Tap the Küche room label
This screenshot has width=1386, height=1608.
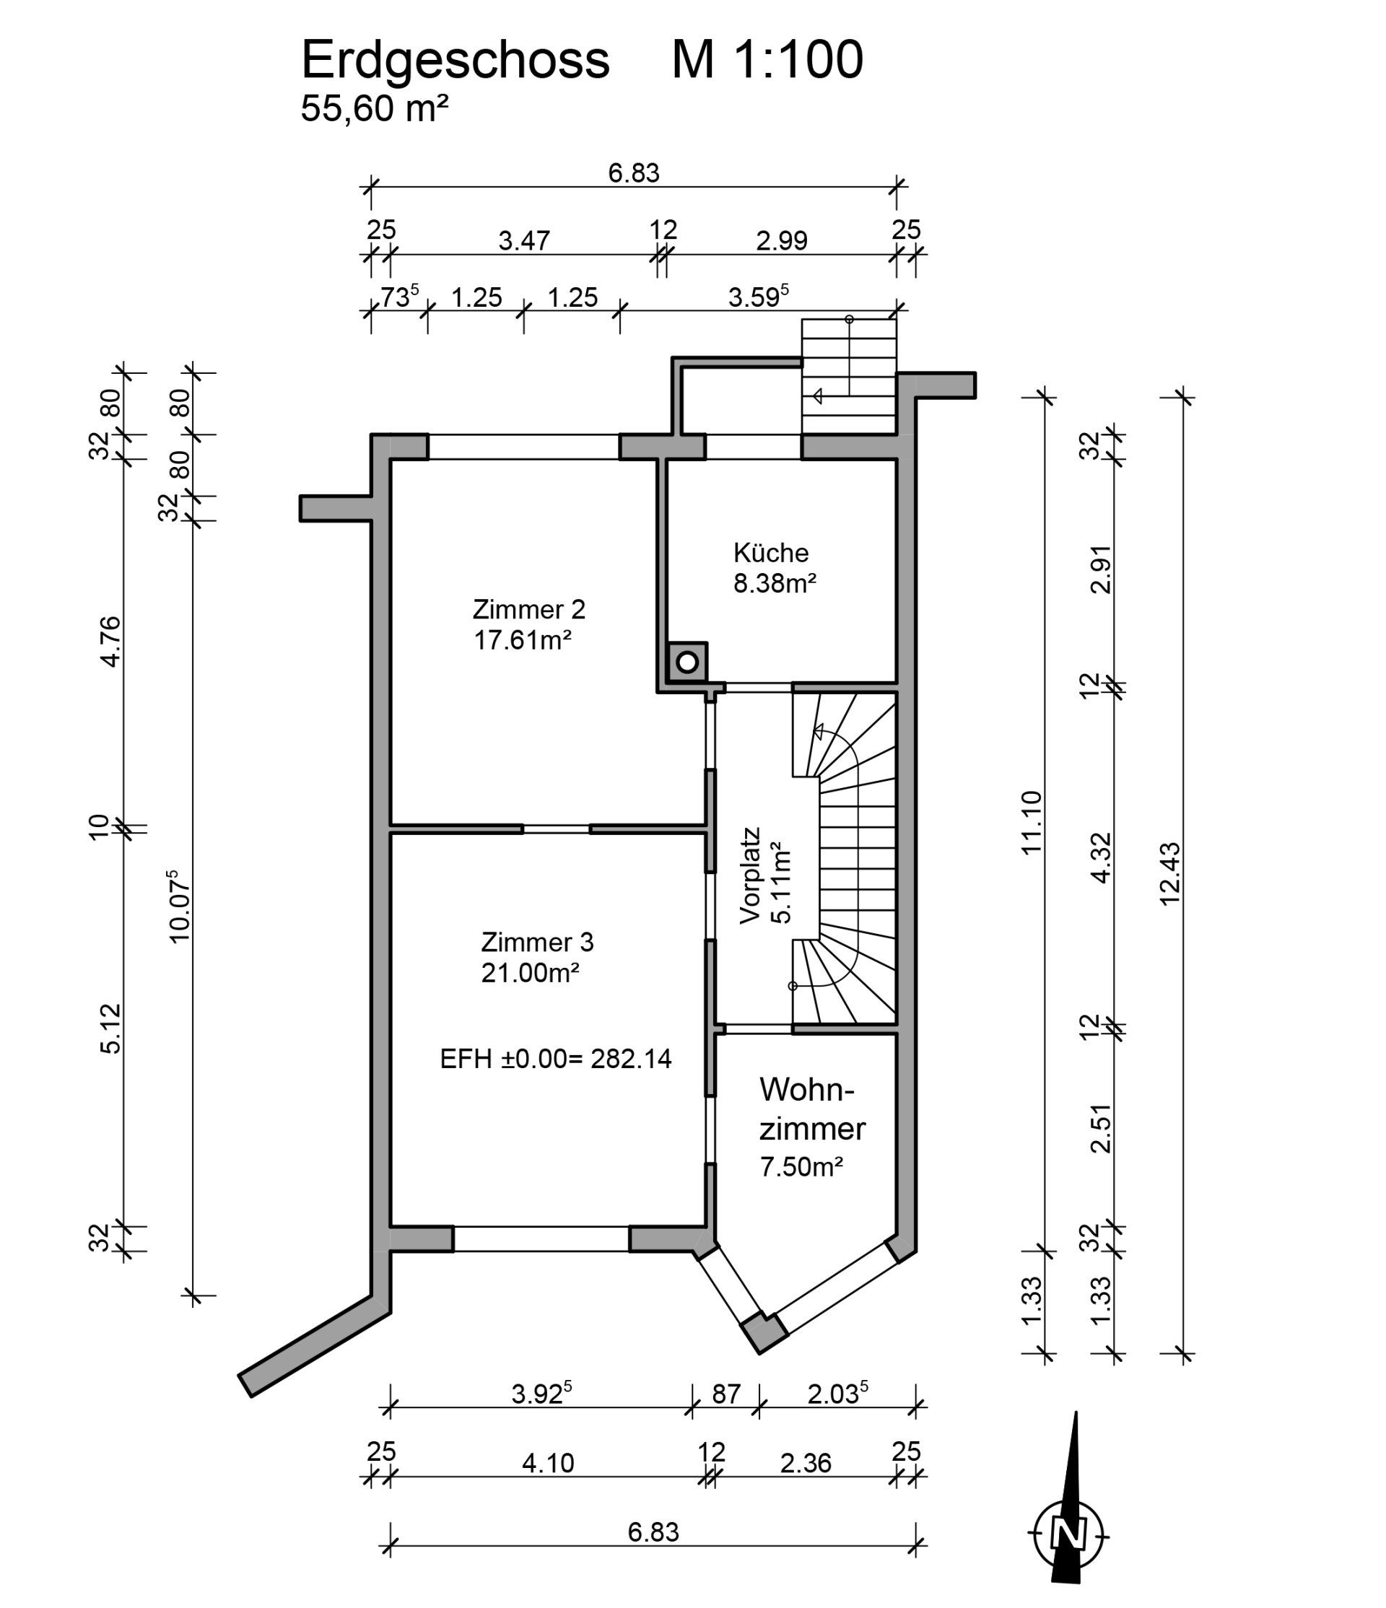(x=771, y=553)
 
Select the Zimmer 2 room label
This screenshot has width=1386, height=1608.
(x=528, y=609)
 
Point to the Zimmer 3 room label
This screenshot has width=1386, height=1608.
(x=537, y=942)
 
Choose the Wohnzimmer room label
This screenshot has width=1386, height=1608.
(x=811, y=1109)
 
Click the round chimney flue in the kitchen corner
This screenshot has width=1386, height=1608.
(x=687, y=663)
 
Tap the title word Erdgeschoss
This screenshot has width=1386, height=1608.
(x=456, y=60)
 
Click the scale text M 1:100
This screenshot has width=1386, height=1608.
(x=767, y=59)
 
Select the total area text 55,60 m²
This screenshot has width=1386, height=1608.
(x=375, y=109)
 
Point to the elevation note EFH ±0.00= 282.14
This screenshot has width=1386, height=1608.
(x=556, y=1059)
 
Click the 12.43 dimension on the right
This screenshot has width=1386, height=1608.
(x=1169, y=873)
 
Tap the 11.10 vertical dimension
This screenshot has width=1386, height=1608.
(x=1031, y=823)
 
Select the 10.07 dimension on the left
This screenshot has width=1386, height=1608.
(x=179, y=906)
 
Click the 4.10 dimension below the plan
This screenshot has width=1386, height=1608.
(x=548, y=1463)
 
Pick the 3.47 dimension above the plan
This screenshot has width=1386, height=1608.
(x=524, y=240)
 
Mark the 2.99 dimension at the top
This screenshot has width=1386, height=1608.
(x=783, y=240)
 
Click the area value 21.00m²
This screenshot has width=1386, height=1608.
(x=531, y=972)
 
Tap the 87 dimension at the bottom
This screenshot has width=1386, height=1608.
(x=726, y=1394)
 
